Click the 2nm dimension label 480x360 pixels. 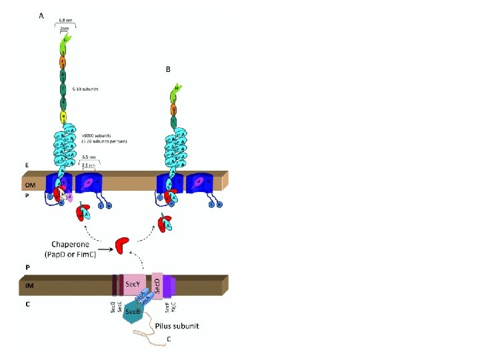tap(65, 29)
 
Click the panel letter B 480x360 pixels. tap(168, 69)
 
